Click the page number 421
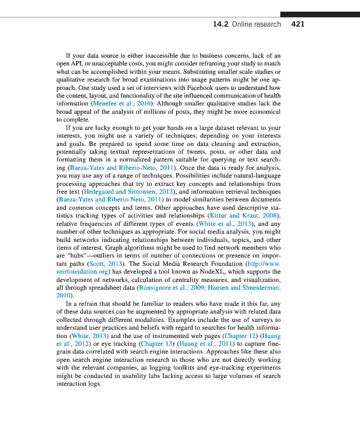coord(298,24)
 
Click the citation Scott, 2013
coord(108,263)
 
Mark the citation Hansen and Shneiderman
coord(245,287)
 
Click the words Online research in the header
coord(256,24)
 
